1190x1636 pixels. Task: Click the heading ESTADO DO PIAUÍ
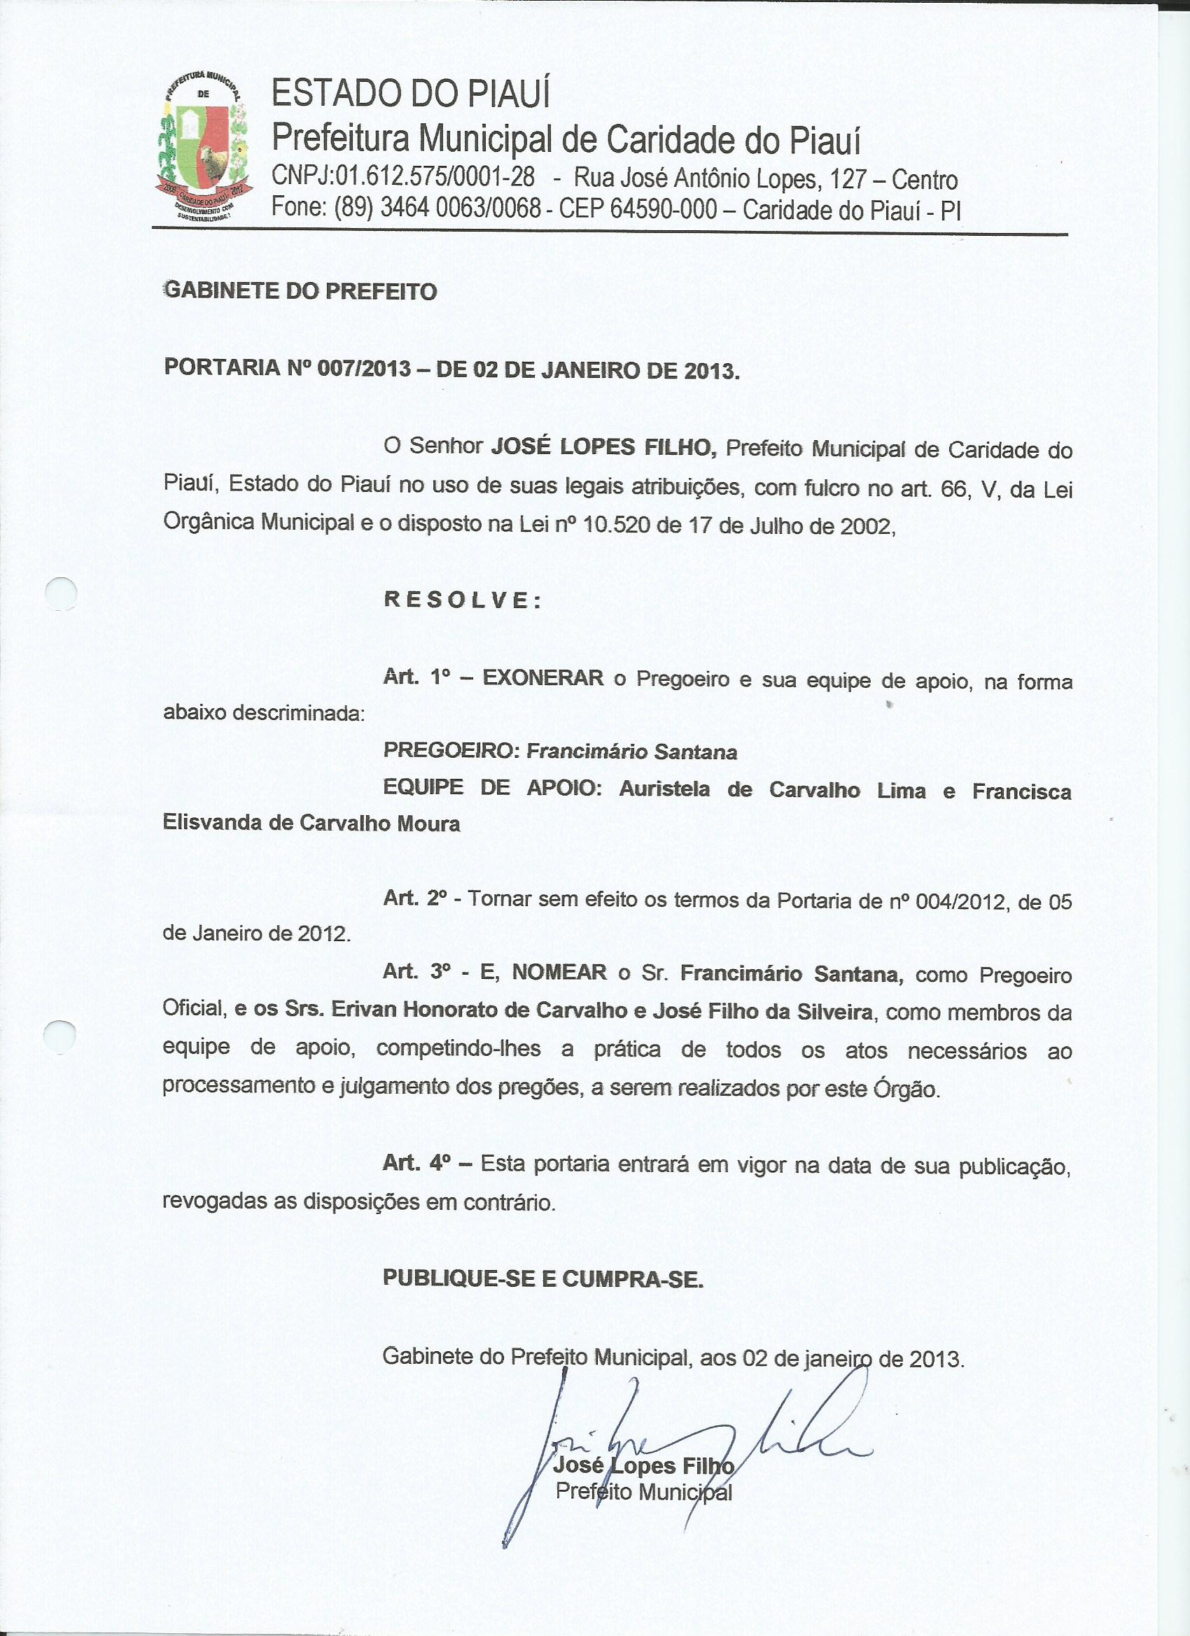(x=411, y=94)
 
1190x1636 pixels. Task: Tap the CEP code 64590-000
(x=664, y=209)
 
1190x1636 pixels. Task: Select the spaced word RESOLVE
(x=462, y=600)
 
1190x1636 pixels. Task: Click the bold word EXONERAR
(x=542, y=678)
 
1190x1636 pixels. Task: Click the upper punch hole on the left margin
(x=61, y=595)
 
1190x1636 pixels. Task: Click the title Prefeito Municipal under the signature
(x=644, y=1491)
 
